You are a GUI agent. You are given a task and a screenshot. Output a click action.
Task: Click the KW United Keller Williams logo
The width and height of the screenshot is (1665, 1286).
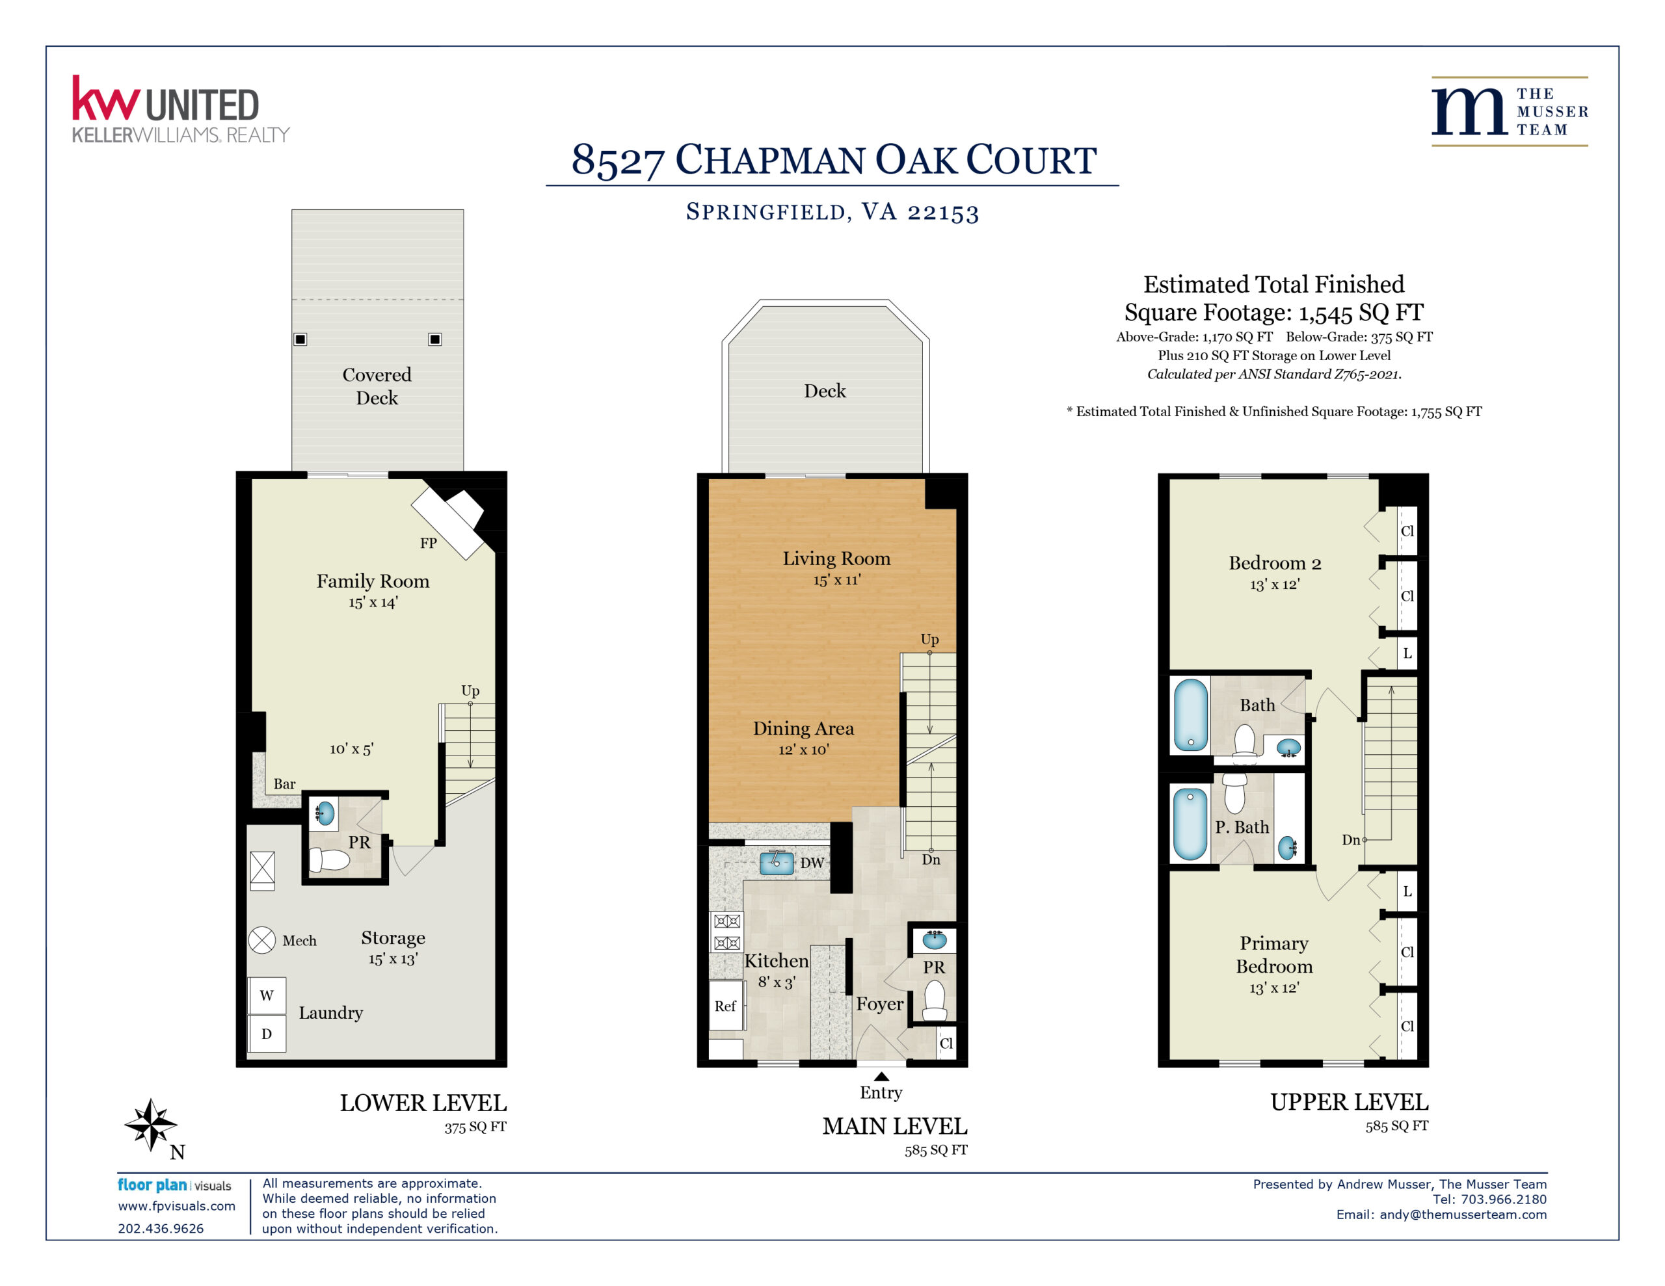181,109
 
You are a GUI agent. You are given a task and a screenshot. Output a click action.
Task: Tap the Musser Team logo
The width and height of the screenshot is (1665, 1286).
1510,111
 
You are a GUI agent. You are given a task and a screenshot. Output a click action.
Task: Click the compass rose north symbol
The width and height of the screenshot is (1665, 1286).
151,1124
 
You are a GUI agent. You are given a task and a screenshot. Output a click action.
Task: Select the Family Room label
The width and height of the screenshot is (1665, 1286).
373,581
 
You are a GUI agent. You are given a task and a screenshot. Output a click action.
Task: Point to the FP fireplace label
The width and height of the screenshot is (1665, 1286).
429,543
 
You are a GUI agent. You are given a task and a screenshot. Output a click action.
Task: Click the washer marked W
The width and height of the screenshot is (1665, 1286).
267,995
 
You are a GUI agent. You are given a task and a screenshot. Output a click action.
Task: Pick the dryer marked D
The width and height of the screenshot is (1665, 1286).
267,1034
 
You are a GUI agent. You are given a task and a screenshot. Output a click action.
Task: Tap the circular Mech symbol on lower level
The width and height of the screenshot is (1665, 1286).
261,940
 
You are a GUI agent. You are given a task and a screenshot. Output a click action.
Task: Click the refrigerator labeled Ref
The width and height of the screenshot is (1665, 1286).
726,1006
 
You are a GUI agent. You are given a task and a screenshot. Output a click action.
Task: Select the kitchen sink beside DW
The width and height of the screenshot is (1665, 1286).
776,862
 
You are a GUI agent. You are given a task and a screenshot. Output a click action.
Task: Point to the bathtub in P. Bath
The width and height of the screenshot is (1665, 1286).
1190,824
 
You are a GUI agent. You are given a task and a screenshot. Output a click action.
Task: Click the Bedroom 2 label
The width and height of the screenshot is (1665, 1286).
1275,563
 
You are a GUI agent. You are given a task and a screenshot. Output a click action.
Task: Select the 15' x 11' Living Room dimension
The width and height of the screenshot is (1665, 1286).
836,580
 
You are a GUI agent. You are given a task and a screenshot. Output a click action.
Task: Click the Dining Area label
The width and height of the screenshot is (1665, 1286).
803,728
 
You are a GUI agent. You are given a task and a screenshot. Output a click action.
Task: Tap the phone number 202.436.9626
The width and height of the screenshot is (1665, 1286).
161,1228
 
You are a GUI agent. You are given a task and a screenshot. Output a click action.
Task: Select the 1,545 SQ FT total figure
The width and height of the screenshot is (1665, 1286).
1361,313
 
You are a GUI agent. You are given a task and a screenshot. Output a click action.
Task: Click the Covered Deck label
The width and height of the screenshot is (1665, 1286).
377,386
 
